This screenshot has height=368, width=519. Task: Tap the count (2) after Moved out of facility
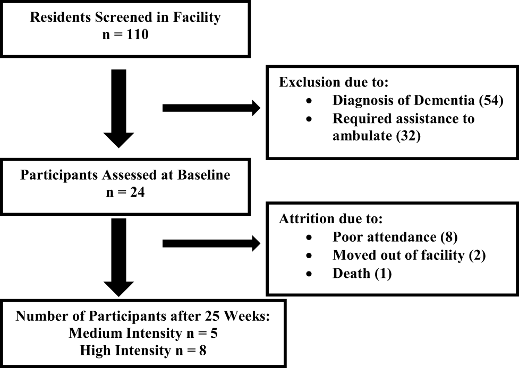click(x=477, y=256)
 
